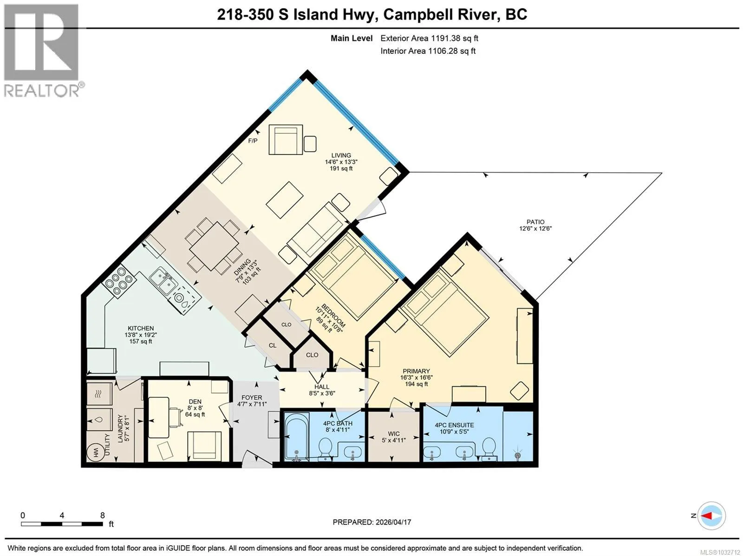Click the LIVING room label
(341, 155)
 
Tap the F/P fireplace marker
(253, 141)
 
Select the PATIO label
(535, 222)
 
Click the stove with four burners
(119, 281)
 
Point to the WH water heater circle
(95, 452)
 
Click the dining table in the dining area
(215, 246)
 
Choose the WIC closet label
(394, 433)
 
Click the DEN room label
(195, 402)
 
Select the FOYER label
(252, 397)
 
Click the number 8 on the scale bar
(103, 516)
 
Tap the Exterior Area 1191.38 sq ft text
(429, 38)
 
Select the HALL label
(321, 387)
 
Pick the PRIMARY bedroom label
(416, 371)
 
